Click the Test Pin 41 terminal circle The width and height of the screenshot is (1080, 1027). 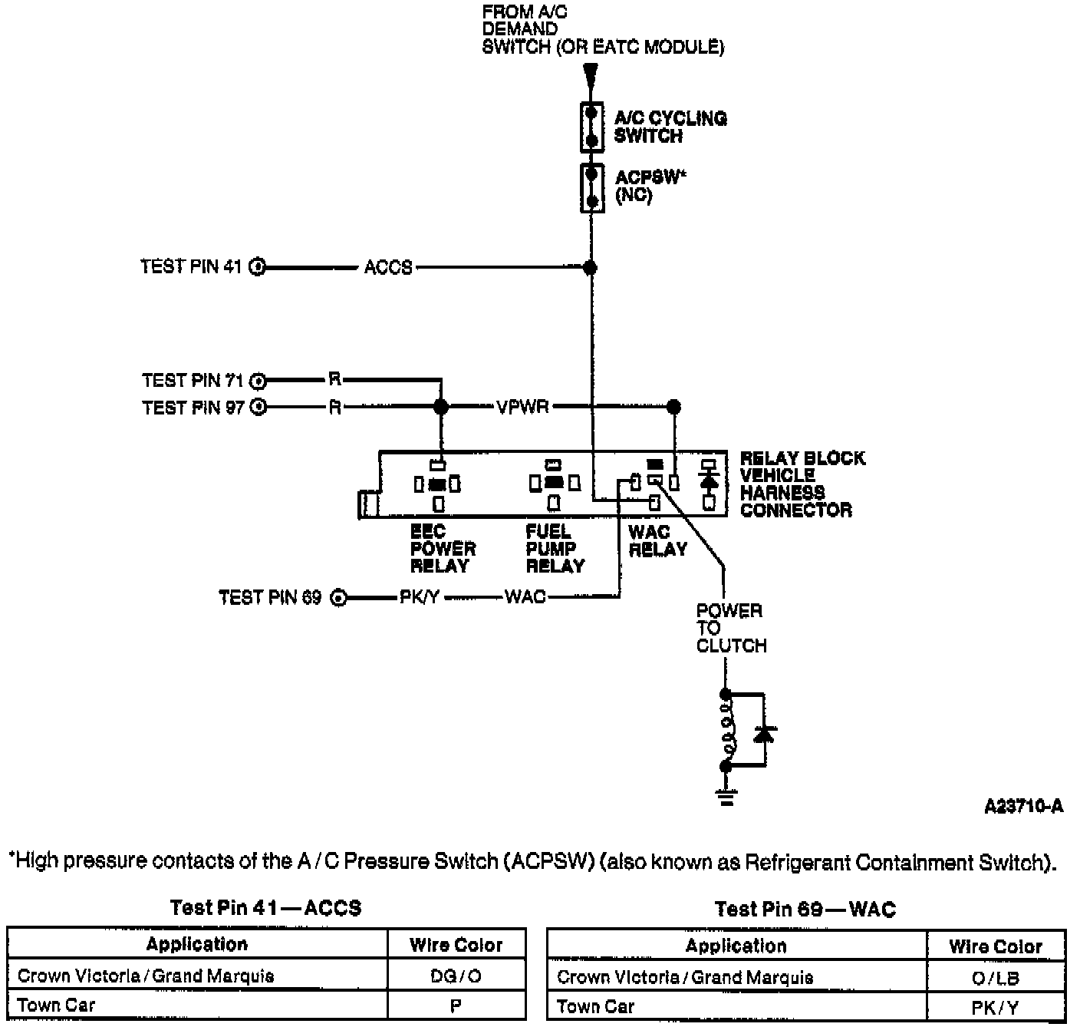258,267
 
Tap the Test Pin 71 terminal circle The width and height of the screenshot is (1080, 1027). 259,380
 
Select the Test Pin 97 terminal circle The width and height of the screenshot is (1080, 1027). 259,407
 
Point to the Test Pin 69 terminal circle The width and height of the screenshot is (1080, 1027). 338,597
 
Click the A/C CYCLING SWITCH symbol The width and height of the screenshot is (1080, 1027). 591,127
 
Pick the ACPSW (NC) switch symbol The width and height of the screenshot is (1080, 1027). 591,187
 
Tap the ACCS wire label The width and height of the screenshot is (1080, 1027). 388,267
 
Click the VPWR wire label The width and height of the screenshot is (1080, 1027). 522,406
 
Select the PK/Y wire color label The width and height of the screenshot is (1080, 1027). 419,597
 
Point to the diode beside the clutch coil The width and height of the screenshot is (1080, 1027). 764,735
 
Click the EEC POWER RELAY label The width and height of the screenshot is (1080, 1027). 443,549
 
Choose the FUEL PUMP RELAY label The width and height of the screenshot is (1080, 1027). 555,549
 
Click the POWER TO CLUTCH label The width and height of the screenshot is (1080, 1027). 730,628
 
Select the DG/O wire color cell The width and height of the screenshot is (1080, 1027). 456,976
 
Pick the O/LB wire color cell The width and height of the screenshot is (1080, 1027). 995,977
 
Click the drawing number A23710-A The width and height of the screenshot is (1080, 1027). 1023,806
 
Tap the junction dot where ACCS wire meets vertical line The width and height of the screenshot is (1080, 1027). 590,267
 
